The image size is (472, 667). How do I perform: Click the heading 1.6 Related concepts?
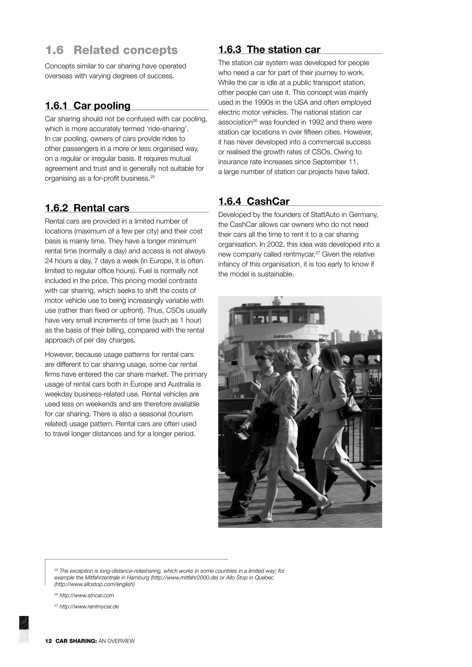(x=111, y=50)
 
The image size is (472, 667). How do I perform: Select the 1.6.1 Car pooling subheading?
(x=88, y=105)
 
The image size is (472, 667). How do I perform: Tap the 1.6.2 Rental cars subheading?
(x=87, y=208)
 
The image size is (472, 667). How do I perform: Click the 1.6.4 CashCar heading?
(x=254, y=201)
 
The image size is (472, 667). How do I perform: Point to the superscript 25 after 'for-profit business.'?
(x=153, y=176)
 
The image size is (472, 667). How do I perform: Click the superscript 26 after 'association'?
(x=255, y=120)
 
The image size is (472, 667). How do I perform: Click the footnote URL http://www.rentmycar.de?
(x=89, y=607)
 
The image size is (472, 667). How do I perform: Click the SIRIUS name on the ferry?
(x=283, y=336)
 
